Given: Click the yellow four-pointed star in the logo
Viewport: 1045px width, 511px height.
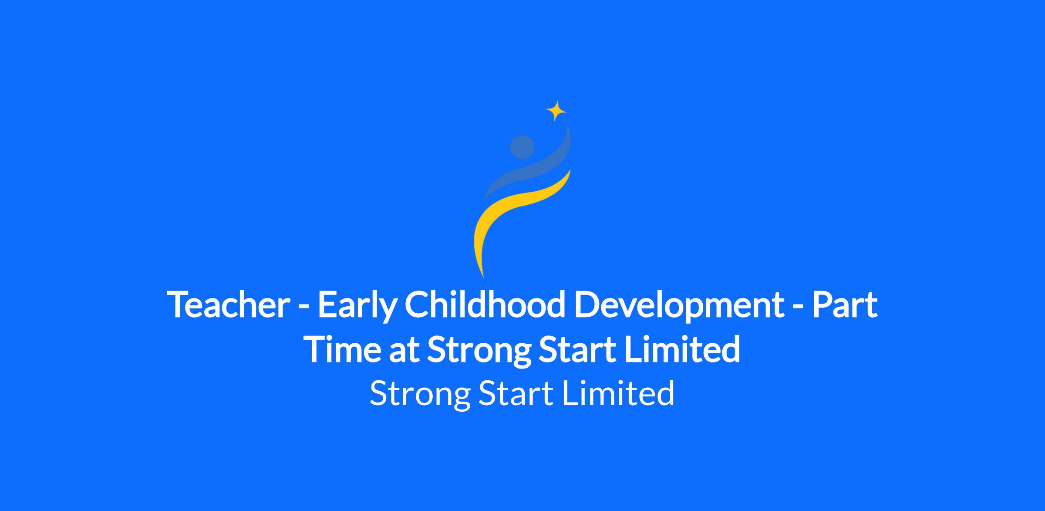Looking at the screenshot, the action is click(x=556, y=111).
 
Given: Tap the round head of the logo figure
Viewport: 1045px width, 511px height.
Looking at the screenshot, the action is click(x=522, y=147).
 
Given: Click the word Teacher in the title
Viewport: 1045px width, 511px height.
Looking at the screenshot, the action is click(x=228, y=304).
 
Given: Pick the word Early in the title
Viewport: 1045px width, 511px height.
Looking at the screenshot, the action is click(x=357, y=307).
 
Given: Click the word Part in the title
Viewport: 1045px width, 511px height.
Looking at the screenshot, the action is click(x=845, y=304).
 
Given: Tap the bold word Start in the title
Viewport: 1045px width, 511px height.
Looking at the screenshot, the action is click(x=577, y=349).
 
